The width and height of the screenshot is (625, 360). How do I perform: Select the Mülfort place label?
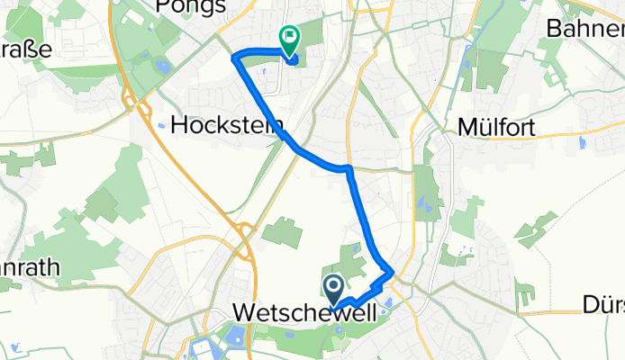tap(496, 127)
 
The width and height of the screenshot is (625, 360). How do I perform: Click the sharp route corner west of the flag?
tap(236, 58)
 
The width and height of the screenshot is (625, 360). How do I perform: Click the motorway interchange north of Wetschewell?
tap(243, 235)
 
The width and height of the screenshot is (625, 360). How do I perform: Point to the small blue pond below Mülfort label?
tap(582, 142)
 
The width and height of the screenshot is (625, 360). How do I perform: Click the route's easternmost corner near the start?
tap(392, 270)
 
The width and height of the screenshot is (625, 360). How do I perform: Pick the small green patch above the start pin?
tap(352, 262)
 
